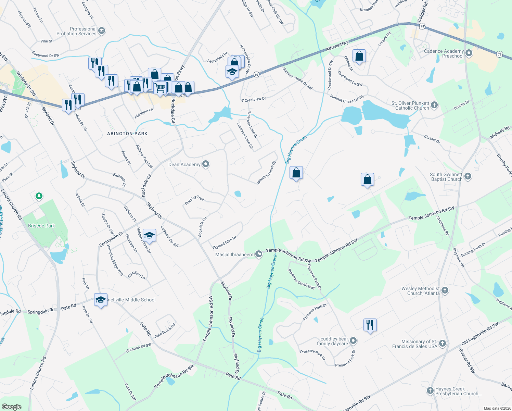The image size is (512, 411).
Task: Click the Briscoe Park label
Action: click(41, 226)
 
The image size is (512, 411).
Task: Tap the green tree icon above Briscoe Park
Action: click(39, 196)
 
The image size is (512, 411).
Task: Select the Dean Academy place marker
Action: click(206, 164)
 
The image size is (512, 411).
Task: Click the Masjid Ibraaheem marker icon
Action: click(259, 254)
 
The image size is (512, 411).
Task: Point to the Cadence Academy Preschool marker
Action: click(469, 53)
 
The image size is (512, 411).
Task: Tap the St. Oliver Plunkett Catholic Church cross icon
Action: click(434, 105)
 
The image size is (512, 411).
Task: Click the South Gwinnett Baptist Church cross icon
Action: click(468, 176)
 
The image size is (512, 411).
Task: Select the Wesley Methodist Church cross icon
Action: click(445, 290)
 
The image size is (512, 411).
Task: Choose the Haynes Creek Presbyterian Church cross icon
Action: click(430, 390)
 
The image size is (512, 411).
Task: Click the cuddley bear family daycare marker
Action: click(354, 341)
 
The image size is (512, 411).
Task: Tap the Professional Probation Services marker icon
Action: click(102, 31)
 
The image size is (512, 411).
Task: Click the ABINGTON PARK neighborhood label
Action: click(127, 134)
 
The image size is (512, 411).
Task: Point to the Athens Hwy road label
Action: click(337, 46)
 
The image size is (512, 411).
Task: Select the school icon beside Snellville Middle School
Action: click(101, 300)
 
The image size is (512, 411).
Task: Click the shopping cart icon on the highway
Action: click(160, 88)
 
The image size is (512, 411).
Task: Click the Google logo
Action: click(11, 407)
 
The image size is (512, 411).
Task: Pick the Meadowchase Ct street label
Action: click(266, 173)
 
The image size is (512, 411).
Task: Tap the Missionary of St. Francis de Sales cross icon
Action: click(443, 344)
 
